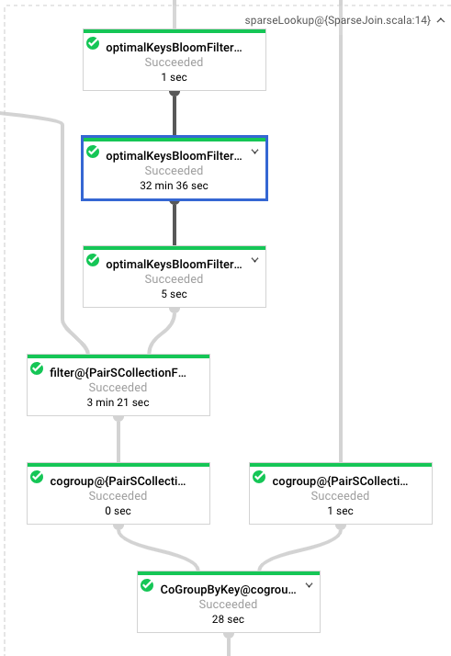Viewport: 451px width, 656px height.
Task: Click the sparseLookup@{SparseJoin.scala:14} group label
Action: [337, 20]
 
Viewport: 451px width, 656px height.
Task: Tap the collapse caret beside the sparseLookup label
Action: [441, 20]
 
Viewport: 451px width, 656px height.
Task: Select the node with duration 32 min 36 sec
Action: [175, 168]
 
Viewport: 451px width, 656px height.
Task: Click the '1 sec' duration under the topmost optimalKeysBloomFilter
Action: [174, 77]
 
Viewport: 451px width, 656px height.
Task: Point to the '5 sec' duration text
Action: [174, 294]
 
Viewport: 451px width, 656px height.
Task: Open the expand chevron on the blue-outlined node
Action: [254, 152]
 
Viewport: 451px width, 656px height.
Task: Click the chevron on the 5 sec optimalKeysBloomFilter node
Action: [254, 260]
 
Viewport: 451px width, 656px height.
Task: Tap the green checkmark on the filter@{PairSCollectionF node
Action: [37, 368]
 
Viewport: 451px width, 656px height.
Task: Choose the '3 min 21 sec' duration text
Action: [118, 402]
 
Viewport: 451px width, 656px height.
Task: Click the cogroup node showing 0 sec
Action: [118, 493]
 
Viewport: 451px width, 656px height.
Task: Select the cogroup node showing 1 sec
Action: [341, 493]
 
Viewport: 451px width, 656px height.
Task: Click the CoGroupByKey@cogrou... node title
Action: [228, 590]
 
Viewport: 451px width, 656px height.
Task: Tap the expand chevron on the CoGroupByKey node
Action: [310, 585]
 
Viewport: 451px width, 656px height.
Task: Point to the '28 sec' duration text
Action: [228, 619]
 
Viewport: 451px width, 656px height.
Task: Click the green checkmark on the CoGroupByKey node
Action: [147, 585]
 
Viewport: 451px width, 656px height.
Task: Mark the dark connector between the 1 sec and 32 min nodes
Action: [175, 113]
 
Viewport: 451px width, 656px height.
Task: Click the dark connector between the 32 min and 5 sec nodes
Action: [175, 223]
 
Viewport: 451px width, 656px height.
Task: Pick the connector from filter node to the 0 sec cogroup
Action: [118, 439]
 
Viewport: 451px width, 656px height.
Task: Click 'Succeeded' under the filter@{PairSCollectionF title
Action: [118, 388]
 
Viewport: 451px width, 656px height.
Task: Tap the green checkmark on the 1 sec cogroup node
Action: [259, 477]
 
